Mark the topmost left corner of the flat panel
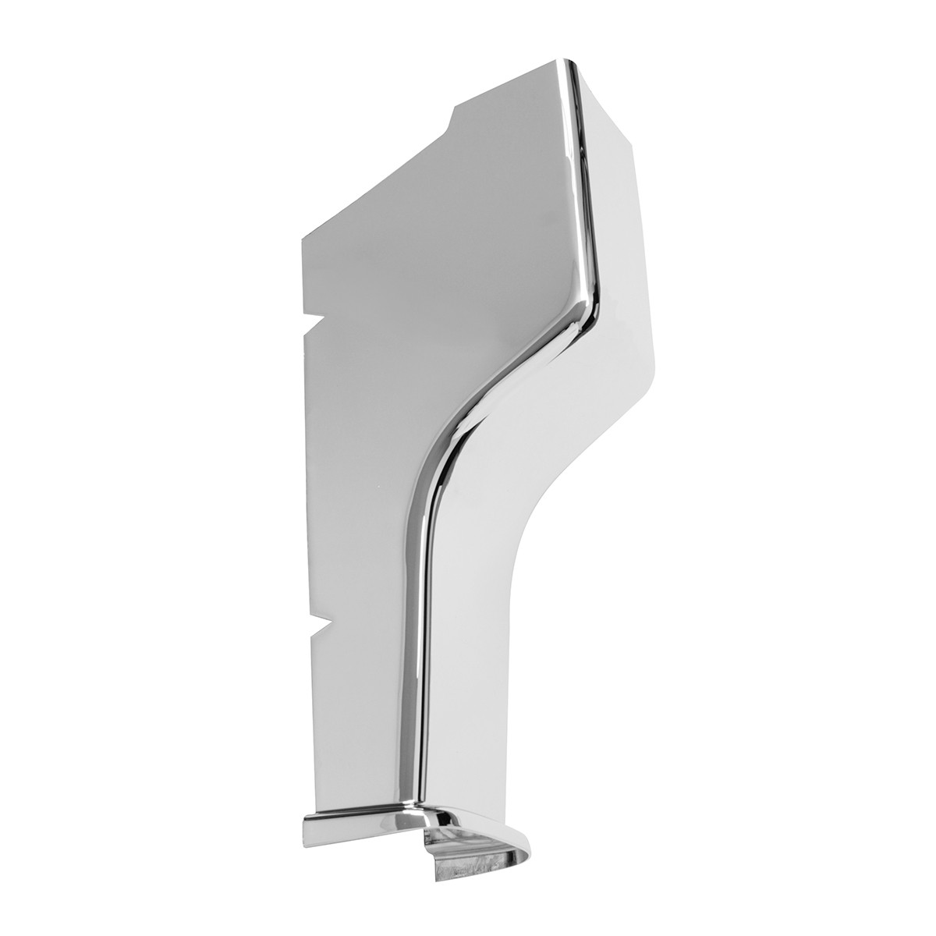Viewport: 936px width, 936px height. [x=303, y=234]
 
